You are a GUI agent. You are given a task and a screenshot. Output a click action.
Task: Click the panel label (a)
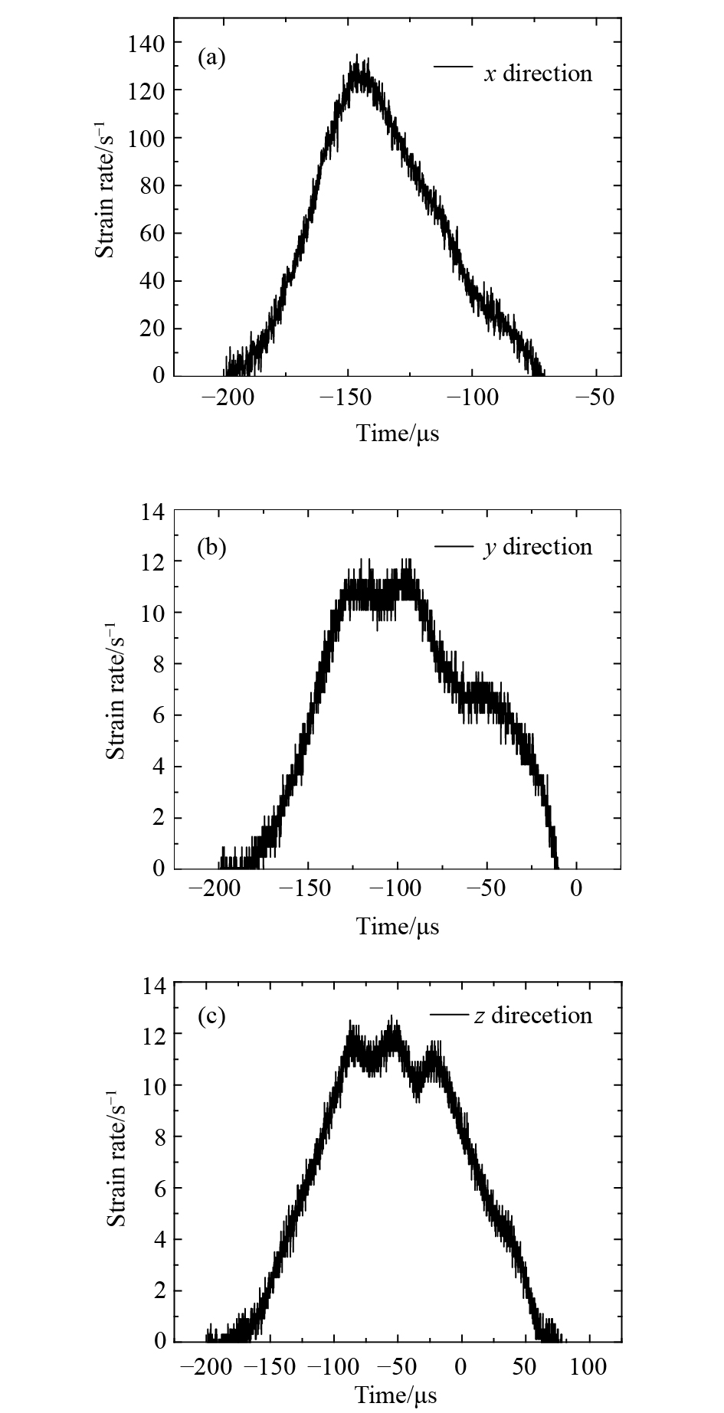(211, 57)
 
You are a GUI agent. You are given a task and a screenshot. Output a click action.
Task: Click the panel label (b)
(211, 548)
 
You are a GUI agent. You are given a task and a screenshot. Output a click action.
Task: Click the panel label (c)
(211, 1016)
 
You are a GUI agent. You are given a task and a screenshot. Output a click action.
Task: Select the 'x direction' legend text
(538, 74)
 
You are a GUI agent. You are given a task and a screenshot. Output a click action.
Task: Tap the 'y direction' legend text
(538, 548)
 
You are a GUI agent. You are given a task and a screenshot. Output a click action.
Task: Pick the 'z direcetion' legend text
(533, 1016)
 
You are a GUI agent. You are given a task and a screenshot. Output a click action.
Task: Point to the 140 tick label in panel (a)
(146, 43)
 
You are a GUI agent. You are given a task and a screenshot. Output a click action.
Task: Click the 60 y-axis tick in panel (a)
(152, 233)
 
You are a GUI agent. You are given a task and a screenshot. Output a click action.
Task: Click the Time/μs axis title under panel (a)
(398, 434)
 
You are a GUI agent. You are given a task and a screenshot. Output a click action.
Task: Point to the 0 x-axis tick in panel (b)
(576, 889)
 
